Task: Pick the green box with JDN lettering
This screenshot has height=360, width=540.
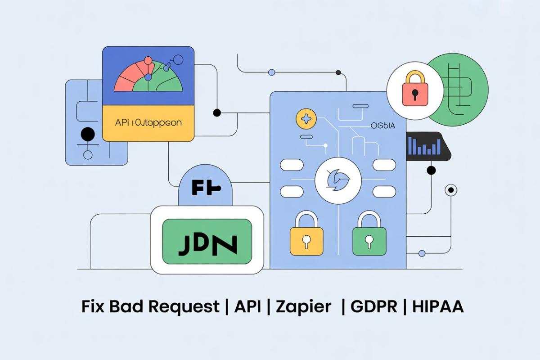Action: [207, 241]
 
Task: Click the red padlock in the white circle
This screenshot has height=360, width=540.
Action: [414, 90]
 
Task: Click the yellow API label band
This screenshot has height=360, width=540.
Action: [148, 122]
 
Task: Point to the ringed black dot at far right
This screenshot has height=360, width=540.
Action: [450, 190]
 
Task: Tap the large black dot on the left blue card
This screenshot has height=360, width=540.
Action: [87, 134]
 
